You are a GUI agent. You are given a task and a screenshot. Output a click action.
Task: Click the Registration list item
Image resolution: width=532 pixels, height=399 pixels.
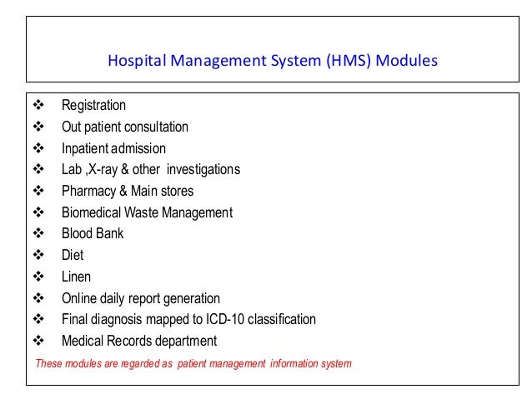[93, 106]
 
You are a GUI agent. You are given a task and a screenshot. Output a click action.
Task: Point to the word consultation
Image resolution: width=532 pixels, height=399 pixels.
[155, 127]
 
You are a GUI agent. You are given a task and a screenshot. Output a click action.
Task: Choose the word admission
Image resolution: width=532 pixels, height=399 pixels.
[139, 149]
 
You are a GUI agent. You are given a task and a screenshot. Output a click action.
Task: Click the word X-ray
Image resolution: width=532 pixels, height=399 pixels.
[108, 170]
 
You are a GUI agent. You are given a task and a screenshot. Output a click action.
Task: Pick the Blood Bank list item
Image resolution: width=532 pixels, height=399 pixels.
[92, 234]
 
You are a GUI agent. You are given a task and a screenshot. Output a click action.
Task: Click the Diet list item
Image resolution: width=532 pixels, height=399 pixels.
[73, 256]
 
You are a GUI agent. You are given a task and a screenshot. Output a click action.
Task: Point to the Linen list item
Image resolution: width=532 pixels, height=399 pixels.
[76, 277]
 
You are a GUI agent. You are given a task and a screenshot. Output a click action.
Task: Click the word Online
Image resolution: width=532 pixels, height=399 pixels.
[79, 298]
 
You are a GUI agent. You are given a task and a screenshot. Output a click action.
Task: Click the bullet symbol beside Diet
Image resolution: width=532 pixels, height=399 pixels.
[38, 256]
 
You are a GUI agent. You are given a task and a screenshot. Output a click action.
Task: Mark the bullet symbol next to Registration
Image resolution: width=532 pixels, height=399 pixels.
[38, 106]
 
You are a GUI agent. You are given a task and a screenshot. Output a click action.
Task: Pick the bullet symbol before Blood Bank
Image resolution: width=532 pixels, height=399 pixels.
[38, 234]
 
